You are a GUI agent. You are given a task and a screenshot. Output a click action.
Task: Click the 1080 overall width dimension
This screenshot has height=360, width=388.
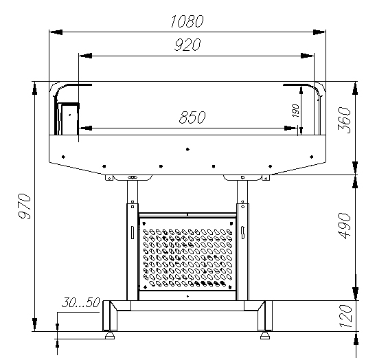coord(187,21)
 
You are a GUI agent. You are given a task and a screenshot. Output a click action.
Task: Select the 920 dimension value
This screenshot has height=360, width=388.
coord(187,45)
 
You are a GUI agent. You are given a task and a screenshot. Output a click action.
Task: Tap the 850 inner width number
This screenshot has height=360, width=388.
coord(192,117)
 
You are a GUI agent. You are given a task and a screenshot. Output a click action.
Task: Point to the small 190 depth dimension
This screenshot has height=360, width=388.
coord(295,111)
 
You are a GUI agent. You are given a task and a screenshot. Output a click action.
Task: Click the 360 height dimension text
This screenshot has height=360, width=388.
coord(344,120)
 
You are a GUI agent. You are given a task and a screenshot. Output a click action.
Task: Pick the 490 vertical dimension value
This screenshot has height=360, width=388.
coord(344,225)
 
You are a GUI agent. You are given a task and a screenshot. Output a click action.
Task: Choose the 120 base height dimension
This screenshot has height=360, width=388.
coord(345,316)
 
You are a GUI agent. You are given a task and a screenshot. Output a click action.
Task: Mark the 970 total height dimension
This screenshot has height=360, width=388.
coord(25,206)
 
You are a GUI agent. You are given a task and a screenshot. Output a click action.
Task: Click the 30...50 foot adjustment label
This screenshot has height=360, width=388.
coord(80,302)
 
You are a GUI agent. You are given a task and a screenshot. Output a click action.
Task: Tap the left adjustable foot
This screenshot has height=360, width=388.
coord(110,335)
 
